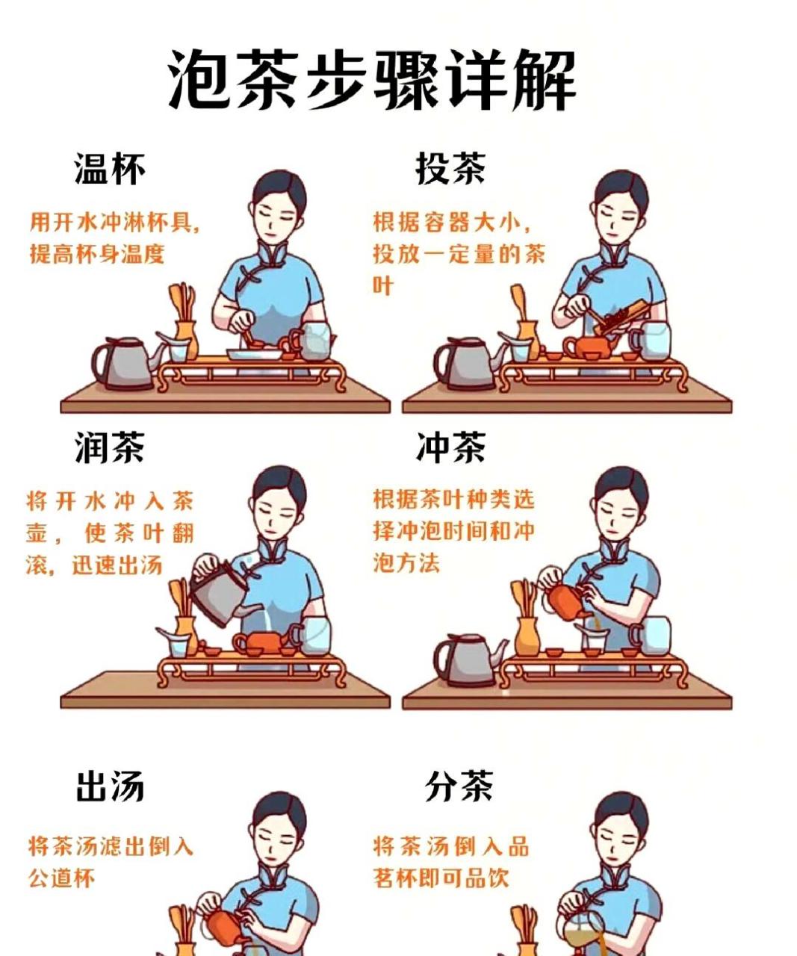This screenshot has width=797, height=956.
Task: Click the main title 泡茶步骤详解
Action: click(371, 80)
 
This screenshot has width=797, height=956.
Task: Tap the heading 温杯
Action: click(109, 169)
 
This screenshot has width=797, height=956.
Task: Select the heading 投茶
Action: click(450, 169)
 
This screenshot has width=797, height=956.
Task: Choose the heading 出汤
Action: click(109, 787)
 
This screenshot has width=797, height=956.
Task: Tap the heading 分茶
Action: click(459, 787)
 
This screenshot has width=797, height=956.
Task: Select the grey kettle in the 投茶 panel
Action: click(466, 364)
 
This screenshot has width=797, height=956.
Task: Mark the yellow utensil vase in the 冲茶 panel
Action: click(527, 635)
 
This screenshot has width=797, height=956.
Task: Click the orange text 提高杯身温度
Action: click(96, 254)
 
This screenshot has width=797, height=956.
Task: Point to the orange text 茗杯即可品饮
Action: click(441, 878)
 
